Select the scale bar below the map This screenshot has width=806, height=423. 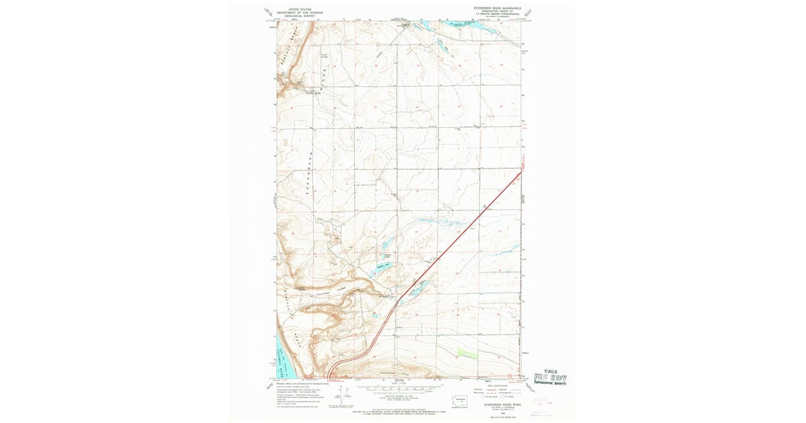(398, 388)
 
